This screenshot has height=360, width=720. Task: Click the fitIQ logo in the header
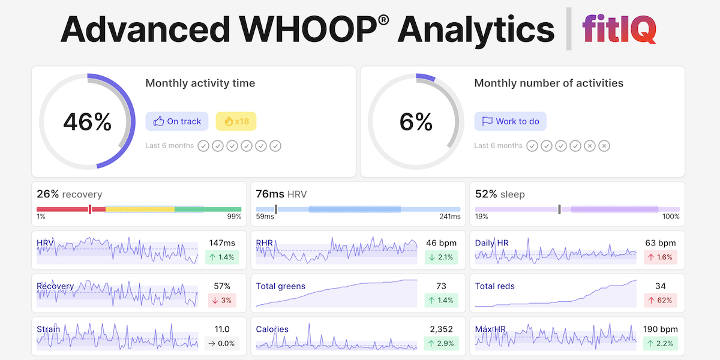[x=619, y=28]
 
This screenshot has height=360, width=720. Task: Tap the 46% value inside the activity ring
[x=88, y=122]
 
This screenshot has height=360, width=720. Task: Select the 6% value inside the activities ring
[x=416, y=122]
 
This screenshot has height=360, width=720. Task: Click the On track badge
[x=177, y=121]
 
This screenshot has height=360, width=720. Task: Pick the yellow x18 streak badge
[x=236, y=121]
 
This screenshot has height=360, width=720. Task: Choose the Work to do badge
[x=510, y=121]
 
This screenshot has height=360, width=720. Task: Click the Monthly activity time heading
[x=200, y=83]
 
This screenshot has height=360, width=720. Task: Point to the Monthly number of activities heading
[x=548, y=83]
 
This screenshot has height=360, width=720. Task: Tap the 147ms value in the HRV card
[x=222, y=243]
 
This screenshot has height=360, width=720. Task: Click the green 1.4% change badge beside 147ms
[x=222, y=257]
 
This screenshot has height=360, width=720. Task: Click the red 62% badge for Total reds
[x=660, y=300]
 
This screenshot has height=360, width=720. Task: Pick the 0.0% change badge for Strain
[x=222, y=343]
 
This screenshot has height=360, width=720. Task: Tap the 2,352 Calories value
[x=441, y=329]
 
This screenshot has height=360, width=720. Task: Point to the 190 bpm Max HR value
[x=660, y=329]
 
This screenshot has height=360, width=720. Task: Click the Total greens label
[x=280, y=286]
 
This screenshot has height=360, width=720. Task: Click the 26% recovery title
[x=69, y=194]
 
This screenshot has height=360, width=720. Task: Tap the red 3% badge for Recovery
[x=222, y=300]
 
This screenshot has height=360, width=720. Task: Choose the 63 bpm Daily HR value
[x=660, y=243]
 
